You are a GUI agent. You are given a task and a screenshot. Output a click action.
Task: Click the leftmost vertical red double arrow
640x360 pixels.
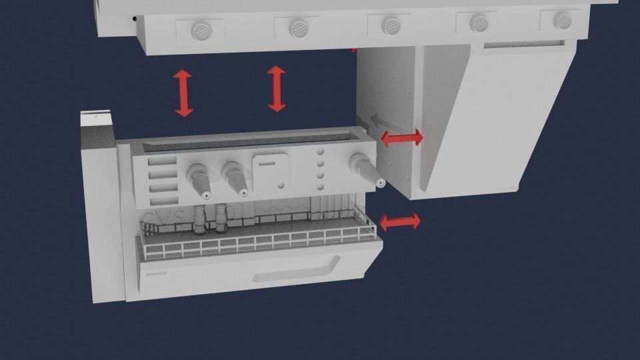tap(183, 93)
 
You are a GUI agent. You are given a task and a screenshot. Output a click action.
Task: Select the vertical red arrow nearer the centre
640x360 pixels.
tap(277, 88)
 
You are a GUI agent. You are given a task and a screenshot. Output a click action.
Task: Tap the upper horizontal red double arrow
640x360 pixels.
tap(401, 138)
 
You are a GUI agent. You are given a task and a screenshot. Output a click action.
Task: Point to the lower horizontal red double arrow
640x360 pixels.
tap(400, 221)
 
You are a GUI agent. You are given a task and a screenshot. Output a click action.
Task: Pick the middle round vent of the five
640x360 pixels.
tap(391, 26)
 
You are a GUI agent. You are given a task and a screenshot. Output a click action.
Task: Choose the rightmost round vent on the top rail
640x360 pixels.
tap(562, 20)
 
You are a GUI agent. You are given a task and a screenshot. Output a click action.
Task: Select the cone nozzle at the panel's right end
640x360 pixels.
tap(367, 170)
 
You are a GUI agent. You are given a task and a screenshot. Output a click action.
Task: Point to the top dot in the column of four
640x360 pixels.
tap(320, 152)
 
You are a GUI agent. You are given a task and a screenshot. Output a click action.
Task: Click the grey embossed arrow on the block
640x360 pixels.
tap(379, 120)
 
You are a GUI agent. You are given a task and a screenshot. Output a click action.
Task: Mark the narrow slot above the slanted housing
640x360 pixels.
tap(523, 45)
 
